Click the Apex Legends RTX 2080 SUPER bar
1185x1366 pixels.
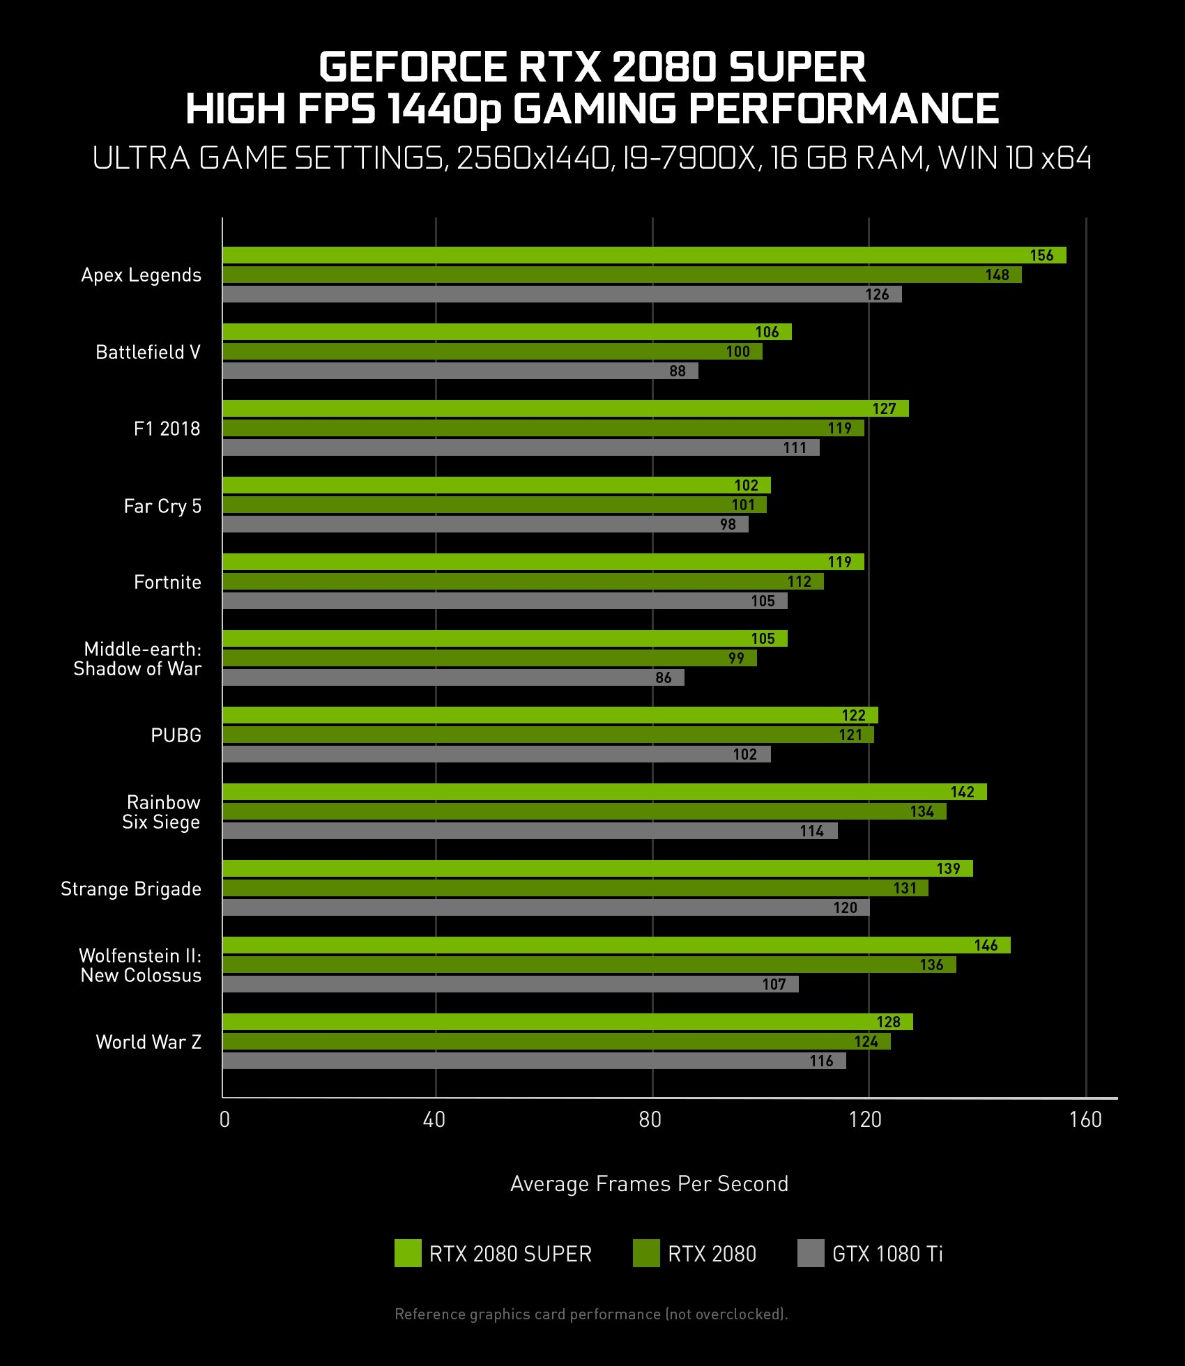[627, 255]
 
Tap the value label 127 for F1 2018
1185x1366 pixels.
[884, 409]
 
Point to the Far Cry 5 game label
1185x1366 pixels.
[162, 506]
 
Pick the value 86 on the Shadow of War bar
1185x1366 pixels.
[663, 677]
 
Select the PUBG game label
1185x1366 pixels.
[176, 735]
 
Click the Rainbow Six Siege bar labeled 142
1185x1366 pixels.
[599, 792]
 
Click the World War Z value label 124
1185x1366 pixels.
[866, 1042]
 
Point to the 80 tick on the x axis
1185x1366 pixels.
[650, 1120]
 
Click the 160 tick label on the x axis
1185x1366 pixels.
[1085, 1120]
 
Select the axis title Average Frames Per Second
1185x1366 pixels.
[649, 1184]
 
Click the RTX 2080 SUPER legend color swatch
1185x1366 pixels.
[408, 1253]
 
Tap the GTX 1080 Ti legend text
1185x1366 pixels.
[887, 1254]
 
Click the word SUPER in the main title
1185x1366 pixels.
[797, 67]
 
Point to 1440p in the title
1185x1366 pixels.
[444, 110]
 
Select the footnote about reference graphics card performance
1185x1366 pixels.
[591, 1314]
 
